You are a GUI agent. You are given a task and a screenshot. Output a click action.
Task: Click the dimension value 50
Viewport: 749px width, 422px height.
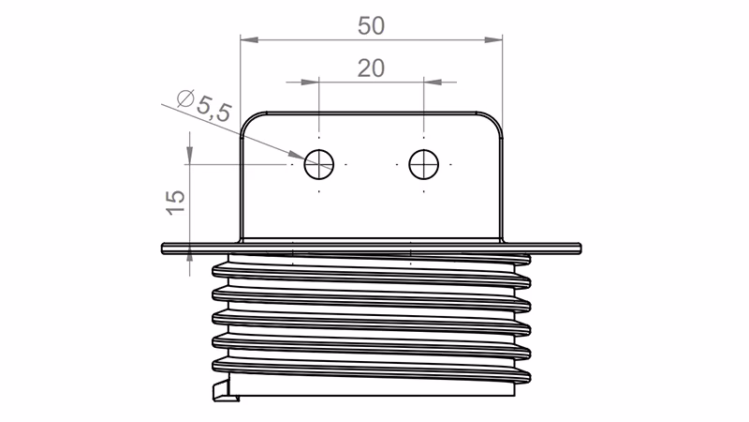pyautogui.click(x=371, y=25)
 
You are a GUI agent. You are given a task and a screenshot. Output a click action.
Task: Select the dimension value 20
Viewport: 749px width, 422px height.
pyautogui.click(x=371, y=68)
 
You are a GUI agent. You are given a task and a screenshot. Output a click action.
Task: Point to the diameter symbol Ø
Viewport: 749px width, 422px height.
pyautogui.click(x=184, y=95)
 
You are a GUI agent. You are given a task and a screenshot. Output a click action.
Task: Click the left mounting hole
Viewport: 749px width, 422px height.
pyautogui.click(x=319, y=163)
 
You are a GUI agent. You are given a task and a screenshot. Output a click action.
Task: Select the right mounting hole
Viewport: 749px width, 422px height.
pyautogui.click(x=423, y=163)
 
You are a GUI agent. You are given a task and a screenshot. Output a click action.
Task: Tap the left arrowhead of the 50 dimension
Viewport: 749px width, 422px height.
pyautogui.click(x=246, y=39)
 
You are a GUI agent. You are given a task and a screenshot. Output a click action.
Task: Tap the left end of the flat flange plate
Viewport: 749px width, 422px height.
pyautogui.click(x=165, y=248)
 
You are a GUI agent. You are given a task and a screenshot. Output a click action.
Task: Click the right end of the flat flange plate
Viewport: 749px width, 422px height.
pyautogui.click(x=580, y=248)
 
